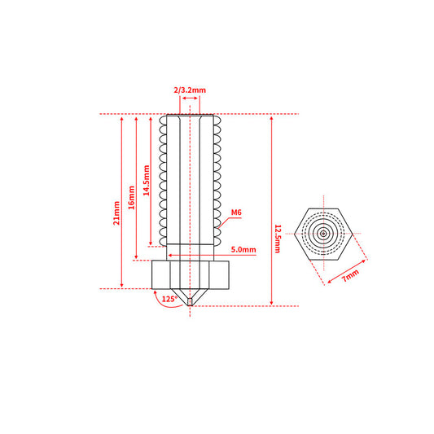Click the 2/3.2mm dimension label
coord(190,90)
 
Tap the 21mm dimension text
coord(116,213)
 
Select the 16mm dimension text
coord(131,198)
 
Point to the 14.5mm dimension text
coord(146,181)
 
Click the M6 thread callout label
coord(236,213)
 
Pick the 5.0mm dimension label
coord(243,249)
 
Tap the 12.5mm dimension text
coord(278,239)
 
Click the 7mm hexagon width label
coord(351,275)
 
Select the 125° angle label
coord(169,299)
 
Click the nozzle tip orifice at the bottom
coord(190,302)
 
